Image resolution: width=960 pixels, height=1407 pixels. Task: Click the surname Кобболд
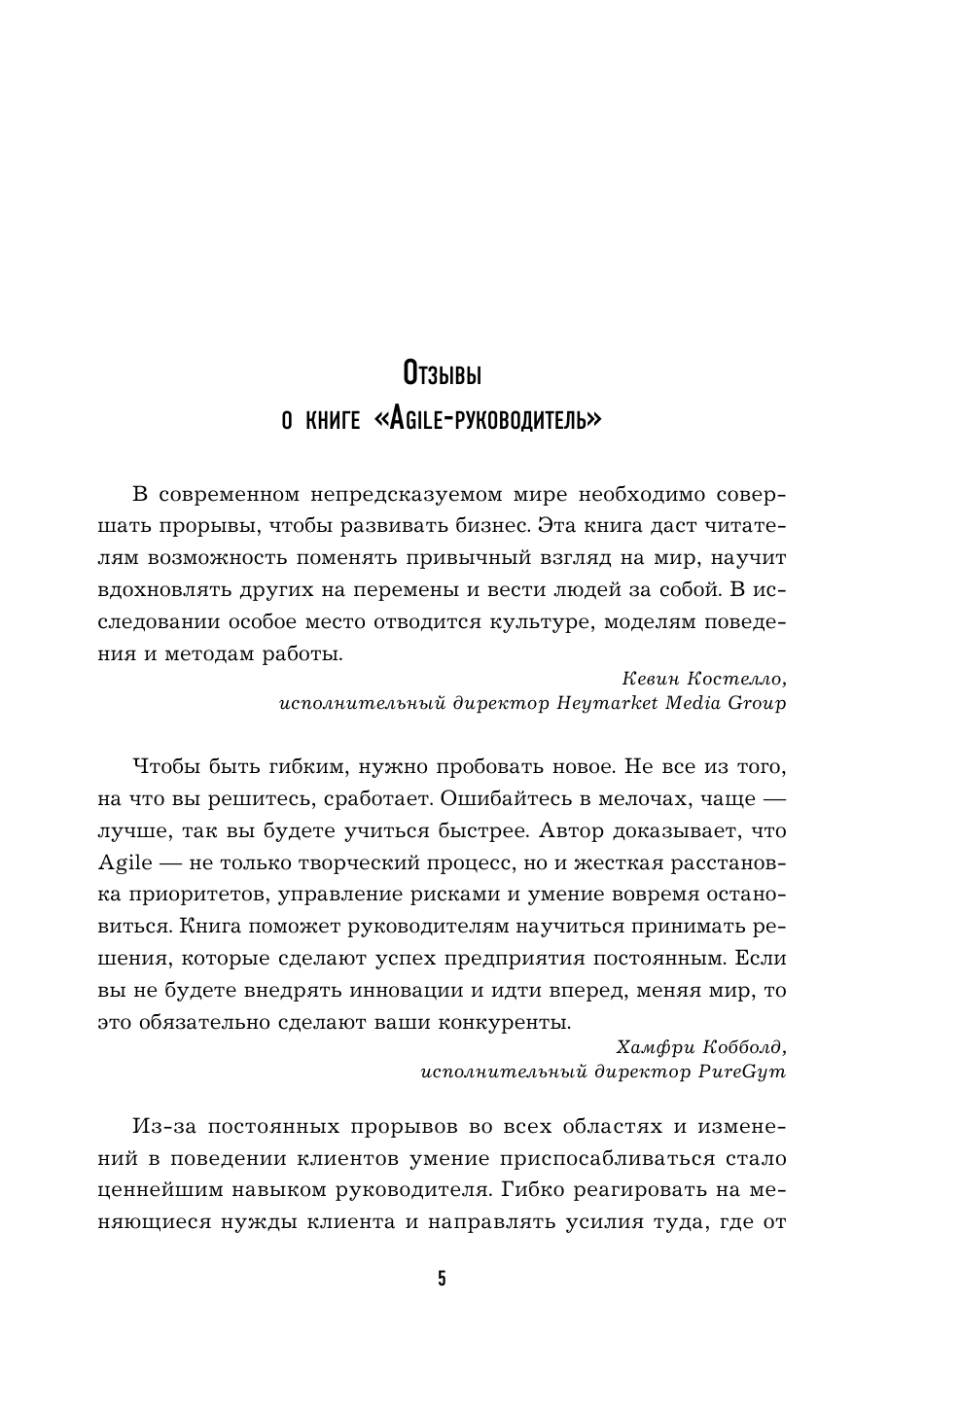(x=746, y=1047)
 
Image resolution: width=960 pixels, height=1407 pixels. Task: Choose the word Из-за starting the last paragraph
(x=158, y=1127)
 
